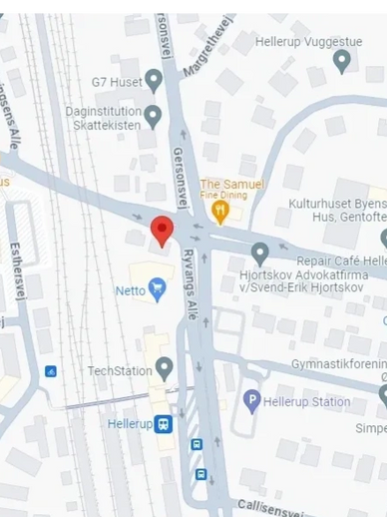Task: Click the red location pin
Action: [x=162, y=231]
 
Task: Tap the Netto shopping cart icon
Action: [x=158, y=290]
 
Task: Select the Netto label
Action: [x=130, y=290]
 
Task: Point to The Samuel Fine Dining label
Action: [x=231, y=190]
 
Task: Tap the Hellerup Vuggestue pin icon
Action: [x=342, y=61]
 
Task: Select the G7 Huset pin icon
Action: [x=154, y=79]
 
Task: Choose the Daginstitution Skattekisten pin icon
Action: [x=153, y=117]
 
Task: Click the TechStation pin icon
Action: [x=165, y=369]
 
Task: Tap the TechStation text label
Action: [x=117, y=370]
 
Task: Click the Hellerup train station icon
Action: [x=163, y=423]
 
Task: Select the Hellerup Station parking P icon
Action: [x=251, y=402]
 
